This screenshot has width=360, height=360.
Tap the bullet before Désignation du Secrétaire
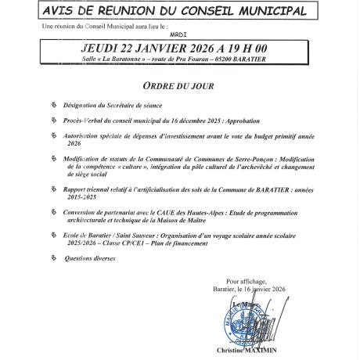[52, 106]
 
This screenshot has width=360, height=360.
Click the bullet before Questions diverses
[52, 257]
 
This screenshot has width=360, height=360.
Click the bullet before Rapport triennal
[52, 189]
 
